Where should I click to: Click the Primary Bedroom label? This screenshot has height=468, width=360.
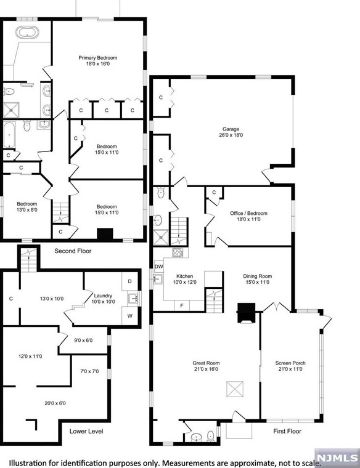[97, 58]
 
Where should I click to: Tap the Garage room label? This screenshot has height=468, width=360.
[231, 129]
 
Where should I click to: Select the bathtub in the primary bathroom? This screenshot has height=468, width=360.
[27, 32]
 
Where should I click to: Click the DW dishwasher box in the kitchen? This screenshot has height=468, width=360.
[159, 267]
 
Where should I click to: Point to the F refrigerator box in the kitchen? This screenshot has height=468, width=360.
[182, 305]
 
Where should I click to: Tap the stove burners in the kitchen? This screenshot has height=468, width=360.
[178, 252]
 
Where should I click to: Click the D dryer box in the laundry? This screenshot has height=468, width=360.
[129, 281]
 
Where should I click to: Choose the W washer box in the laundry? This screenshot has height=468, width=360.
[129, 316]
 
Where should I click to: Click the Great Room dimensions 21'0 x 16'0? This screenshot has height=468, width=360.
[206, 369]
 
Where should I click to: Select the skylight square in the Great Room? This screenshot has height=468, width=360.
[234, 389]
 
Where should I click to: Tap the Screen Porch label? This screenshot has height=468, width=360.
[290, 363]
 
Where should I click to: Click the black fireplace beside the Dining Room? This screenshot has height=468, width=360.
[247, 313]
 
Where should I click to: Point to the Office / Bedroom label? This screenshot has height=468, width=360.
[248, 213]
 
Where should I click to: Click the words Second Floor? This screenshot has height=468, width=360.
[73, 251]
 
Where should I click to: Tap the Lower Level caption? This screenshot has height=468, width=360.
[86, 431]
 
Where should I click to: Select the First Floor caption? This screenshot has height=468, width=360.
[287, 431]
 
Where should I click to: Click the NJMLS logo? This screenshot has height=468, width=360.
[338, 458]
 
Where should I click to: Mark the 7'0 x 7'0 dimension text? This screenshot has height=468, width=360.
[89, 371]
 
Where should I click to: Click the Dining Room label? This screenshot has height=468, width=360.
[258, 276]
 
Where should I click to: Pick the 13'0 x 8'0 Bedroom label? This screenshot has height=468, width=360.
[27, 204]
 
